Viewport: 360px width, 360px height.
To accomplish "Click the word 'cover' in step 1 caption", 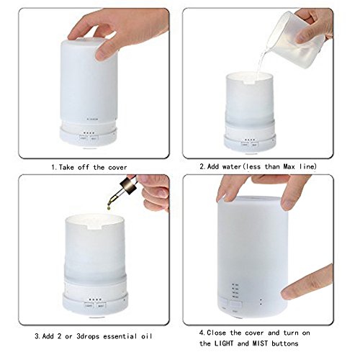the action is pos(117,167).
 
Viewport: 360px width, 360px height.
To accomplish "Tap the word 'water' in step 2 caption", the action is pos(231,166).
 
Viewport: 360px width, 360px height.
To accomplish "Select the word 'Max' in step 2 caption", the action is pos(289,166).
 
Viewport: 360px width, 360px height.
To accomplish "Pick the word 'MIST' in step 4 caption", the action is pos(260,343).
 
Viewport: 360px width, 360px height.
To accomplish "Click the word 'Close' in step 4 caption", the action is pos(216,333).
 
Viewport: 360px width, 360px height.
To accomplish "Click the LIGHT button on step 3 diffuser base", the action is pos(89,306).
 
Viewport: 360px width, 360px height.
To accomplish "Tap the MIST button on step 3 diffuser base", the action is pos(101,306).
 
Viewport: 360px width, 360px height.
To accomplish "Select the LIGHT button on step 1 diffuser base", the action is pos(84,138).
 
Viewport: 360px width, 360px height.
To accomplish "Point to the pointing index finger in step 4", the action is pos(307,282).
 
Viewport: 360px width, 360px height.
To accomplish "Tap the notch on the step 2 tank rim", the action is pos(250,82).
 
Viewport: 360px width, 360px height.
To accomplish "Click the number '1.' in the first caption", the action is pos(54,167).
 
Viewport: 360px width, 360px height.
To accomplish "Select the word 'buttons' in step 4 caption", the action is pos(285,343).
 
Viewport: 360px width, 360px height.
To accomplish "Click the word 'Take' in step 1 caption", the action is pos(66,167).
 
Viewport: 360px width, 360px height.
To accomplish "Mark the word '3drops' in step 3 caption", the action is pos(88,336).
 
